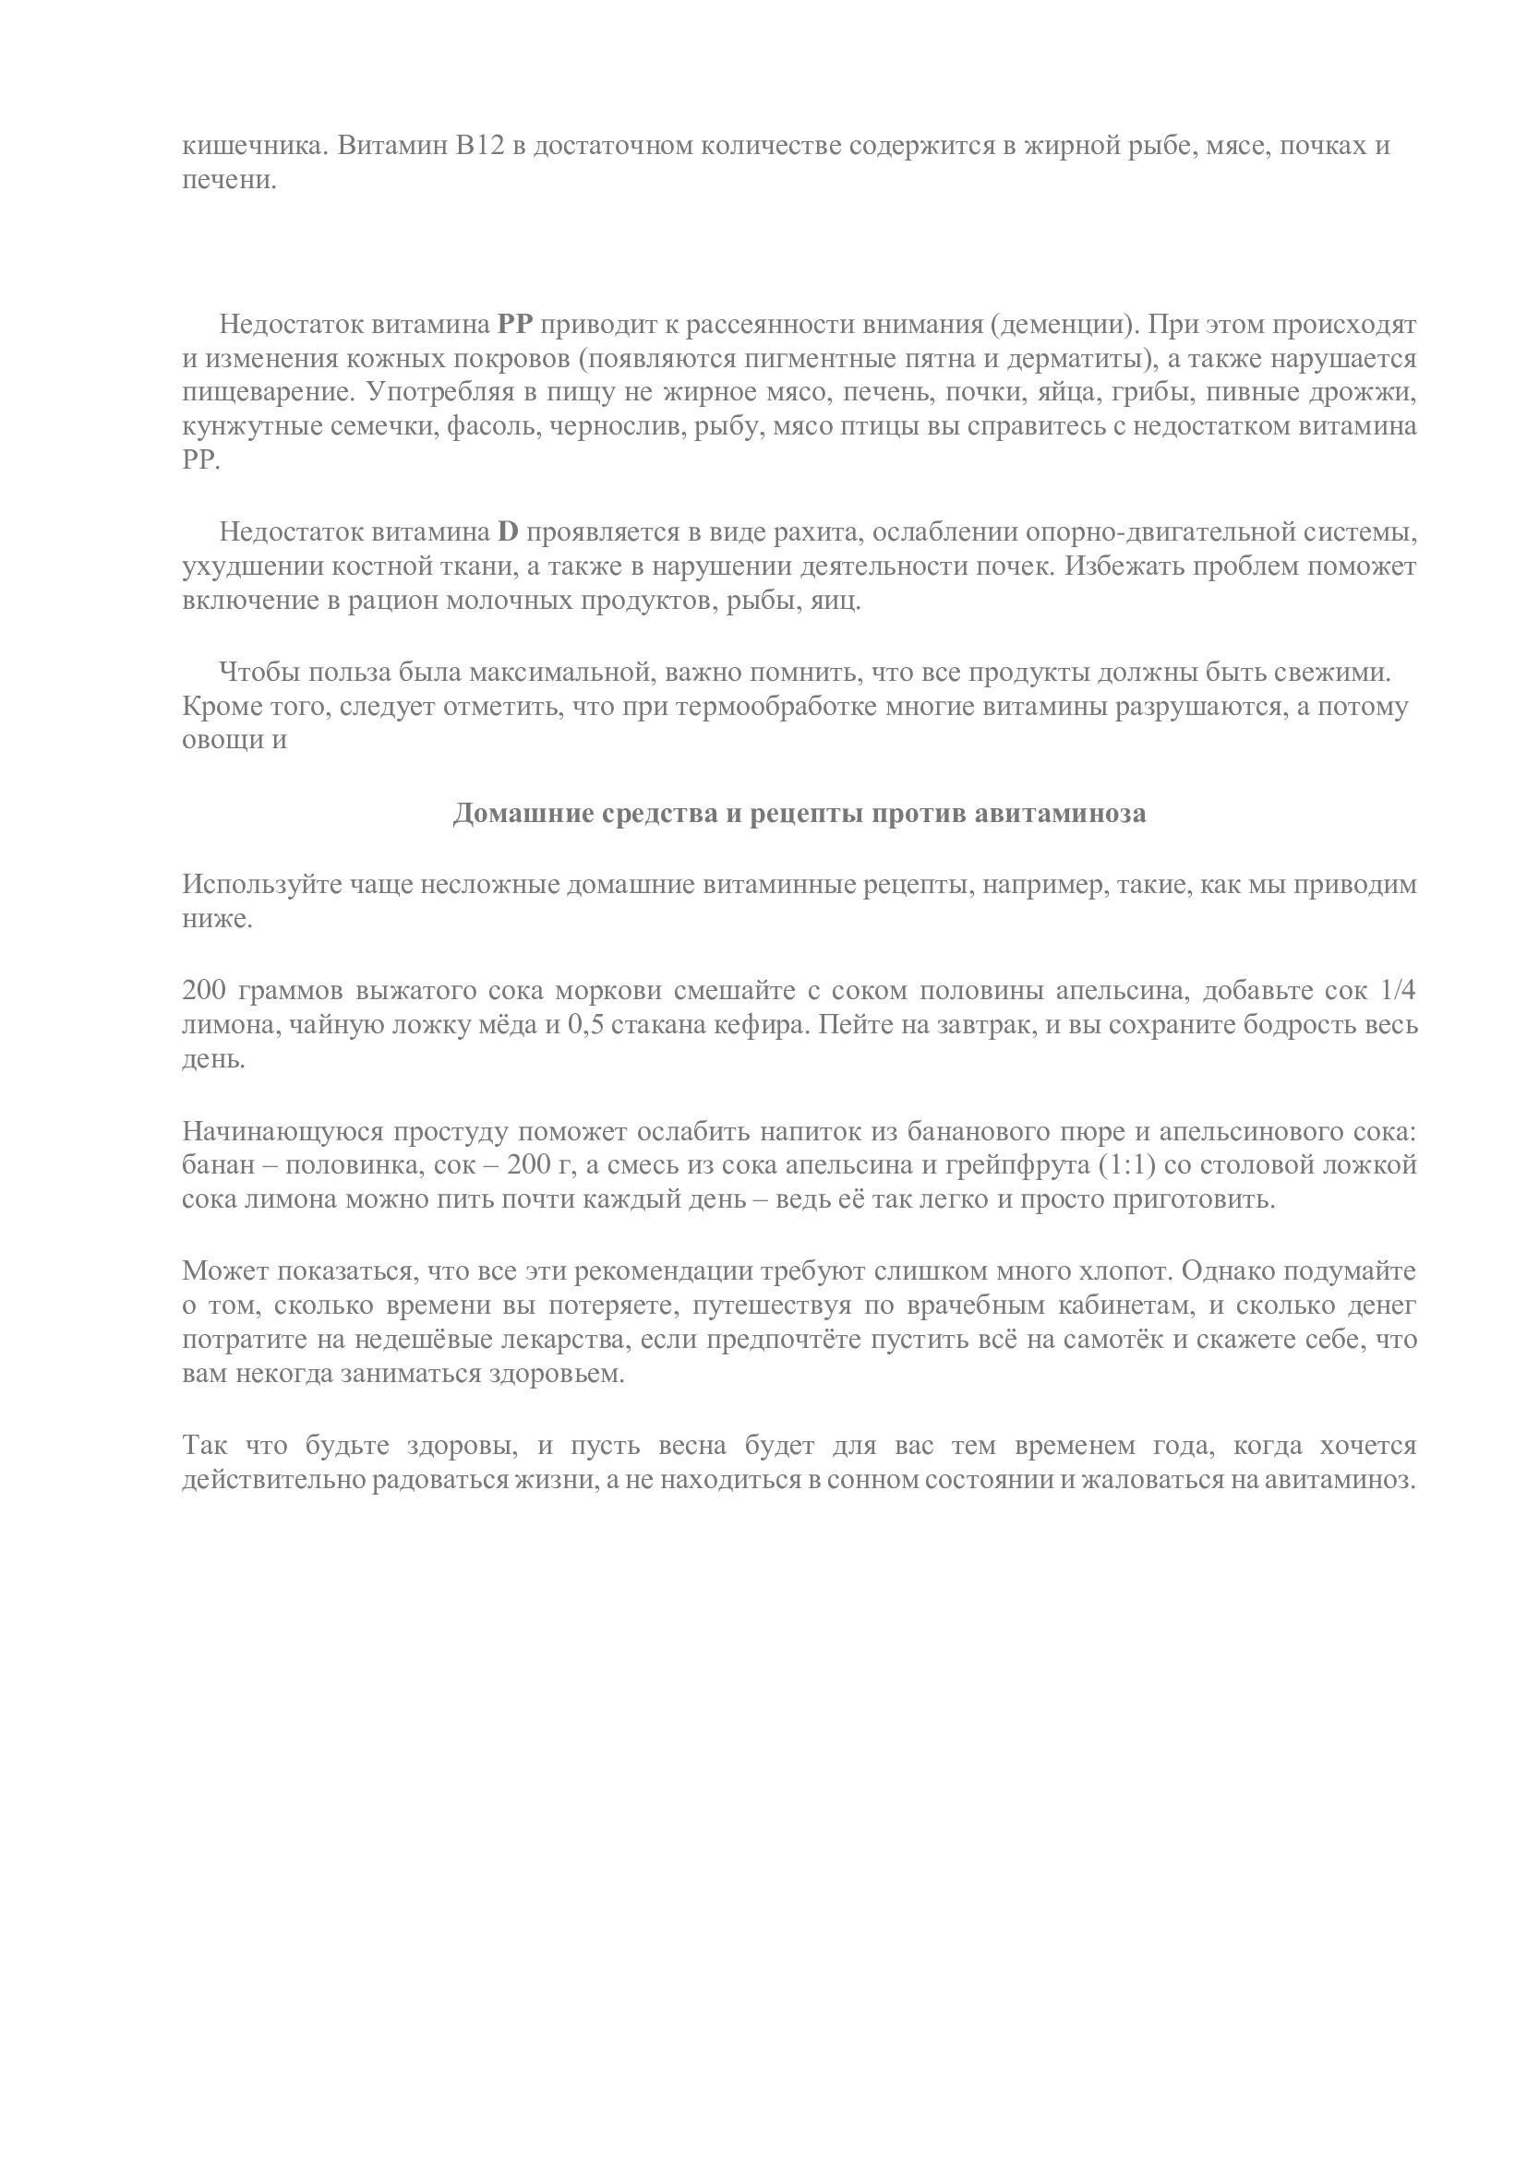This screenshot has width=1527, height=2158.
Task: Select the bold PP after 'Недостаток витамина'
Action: tap(514, 325)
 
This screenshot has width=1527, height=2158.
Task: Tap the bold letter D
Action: tap(508, 533)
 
